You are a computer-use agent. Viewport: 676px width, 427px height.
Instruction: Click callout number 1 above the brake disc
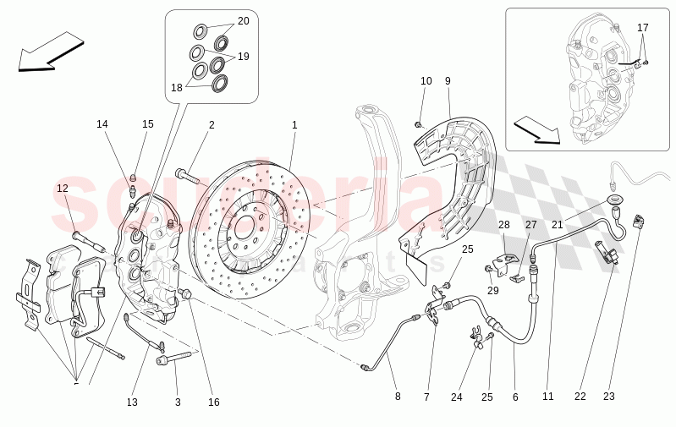pyautogui.click(x=294, y=125)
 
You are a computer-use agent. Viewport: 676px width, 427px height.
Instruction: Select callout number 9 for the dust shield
pyautogui.click(x=448, y=81)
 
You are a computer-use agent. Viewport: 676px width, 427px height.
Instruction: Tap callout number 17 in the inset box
pyautogui.click(x=642, y=28)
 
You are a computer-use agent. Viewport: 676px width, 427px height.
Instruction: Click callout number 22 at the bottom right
pyautogui.click(x=580, y=397)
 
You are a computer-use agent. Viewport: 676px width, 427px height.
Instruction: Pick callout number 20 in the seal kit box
pyautogui.click(x=243, y=20)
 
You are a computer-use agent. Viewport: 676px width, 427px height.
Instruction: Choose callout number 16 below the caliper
pyautogui.click(x=214, y=402)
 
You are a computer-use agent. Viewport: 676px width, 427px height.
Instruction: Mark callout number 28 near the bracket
pyautogui.click(x=503, y=225)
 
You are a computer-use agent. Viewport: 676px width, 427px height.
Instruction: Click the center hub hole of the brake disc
pyautogui.click(x=245, y=227)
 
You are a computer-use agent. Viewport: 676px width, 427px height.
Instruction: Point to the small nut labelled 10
pyautogui.click(x=418, y=124)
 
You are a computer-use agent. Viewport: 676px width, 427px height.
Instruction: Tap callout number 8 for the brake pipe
pyautogui.click(x=398, y=397)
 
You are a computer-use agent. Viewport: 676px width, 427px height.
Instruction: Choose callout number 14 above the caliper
pyautogui.click(x=102, y=124)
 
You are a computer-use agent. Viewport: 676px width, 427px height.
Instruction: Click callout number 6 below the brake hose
pyautogui.click(x=514, y=397)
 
